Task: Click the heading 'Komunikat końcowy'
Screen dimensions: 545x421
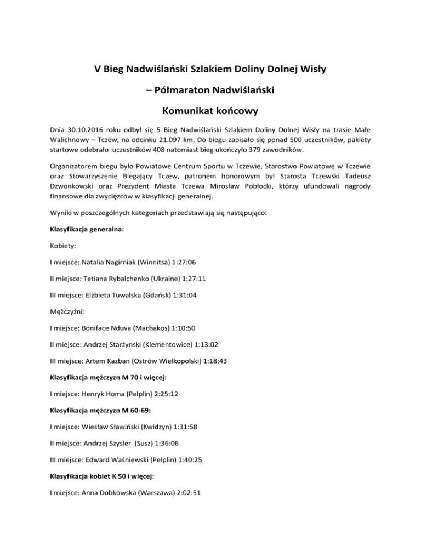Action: pyautogui.click(x=210, y=111)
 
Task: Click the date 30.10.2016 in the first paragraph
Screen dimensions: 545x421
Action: pyautogui.click(x=88, y=130)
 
